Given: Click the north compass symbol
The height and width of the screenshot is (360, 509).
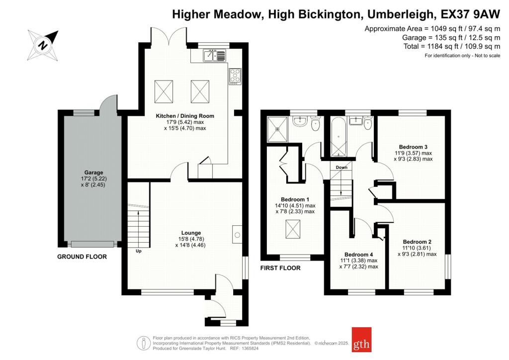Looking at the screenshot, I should coord(43,44).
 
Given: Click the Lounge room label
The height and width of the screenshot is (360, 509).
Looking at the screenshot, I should coord(191,233).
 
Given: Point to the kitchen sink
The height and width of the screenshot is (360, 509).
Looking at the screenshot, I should coord(214,56).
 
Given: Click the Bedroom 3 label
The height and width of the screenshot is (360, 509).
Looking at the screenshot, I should coord(413,147).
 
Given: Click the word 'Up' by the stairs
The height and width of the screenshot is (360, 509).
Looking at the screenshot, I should coord(139,251).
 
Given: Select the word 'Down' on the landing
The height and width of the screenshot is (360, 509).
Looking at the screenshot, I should coord(341,168).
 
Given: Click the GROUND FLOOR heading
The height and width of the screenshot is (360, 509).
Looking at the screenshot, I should coord(82,257).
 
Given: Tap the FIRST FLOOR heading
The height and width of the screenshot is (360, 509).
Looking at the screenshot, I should coord(280,268).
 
